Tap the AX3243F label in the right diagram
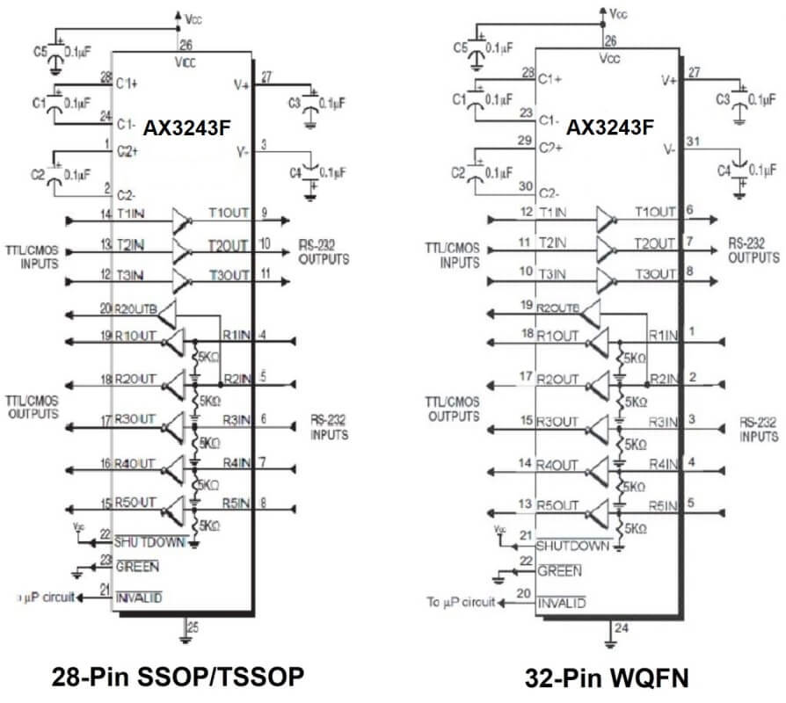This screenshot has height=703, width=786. point(609,127)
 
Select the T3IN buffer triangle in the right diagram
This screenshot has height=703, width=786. point(606,280)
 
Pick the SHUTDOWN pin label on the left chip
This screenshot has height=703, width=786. point(150,541)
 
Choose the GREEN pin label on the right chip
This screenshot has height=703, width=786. point(559,571)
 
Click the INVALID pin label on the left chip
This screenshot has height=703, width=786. point(139,598)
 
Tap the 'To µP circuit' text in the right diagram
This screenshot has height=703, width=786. point(462,602)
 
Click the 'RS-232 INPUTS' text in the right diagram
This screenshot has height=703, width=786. point(758,430)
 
